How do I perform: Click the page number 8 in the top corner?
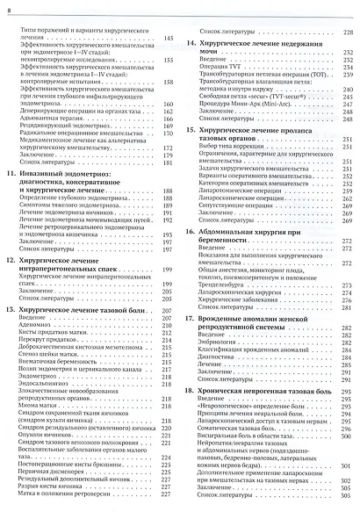(10, 8)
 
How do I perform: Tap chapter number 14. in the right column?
(192, 41)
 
